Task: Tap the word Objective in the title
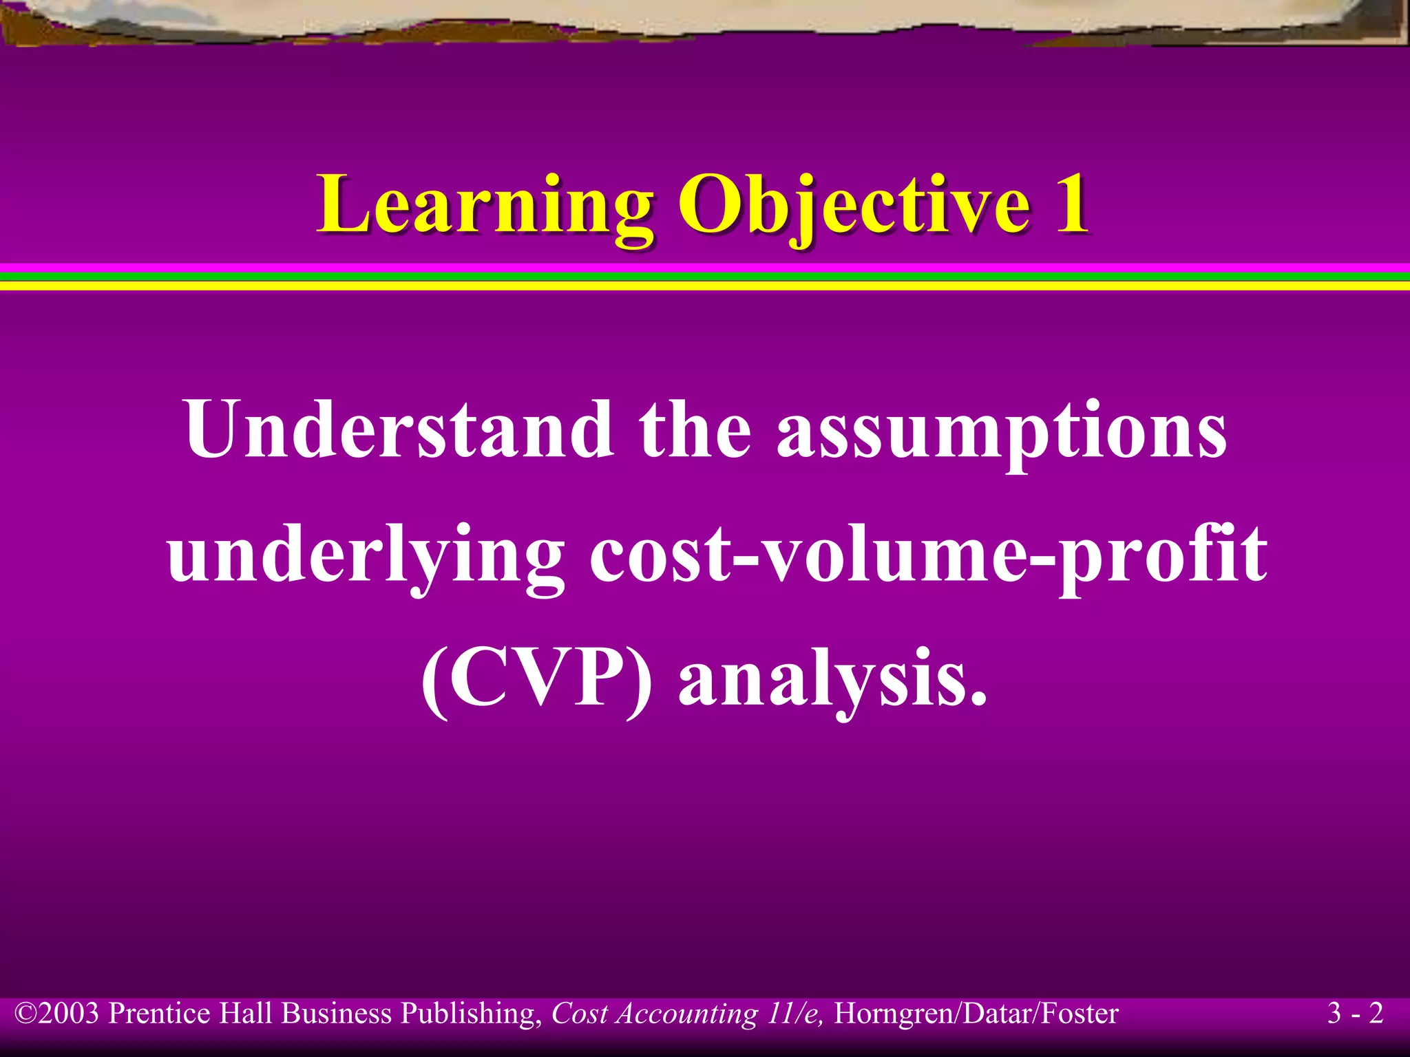[x=854, y=204]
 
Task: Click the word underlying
[x=365, y=555]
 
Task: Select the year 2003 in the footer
[x=69, y=1014]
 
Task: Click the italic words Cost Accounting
[x=654, y=1014]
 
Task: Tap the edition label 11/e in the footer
[x=795, y=1014]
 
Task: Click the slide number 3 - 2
[x=1355, y=1014]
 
